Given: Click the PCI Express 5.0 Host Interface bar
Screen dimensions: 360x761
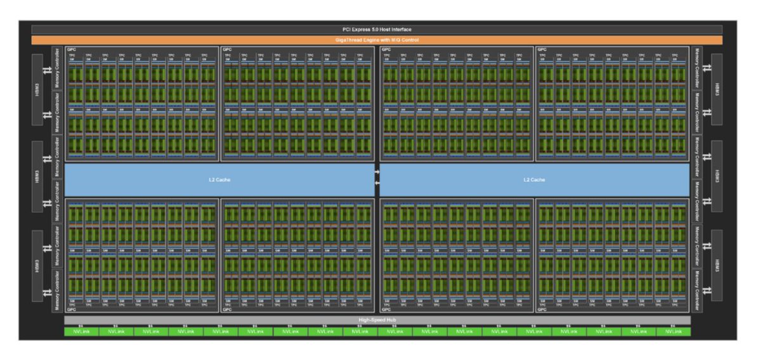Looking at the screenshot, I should (377, 30).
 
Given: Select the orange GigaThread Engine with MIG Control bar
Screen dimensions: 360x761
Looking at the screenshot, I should (377, 40).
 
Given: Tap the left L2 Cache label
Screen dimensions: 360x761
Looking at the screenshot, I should (219, 180).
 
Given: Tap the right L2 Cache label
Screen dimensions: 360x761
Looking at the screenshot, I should (534, 180).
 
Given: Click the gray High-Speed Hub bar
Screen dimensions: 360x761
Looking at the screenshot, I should (377, 320).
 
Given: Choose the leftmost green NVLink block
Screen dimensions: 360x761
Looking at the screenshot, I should (81, 331).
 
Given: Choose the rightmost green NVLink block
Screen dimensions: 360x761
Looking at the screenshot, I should (673, 331).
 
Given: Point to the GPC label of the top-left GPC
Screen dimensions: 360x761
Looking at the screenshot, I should (70, 49).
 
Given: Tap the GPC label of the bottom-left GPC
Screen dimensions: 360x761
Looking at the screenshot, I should (70, 309).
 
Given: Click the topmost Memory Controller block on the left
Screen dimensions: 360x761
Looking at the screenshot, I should (58, 67).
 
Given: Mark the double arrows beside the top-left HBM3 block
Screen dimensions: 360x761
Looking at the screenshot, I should (47, 71).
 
